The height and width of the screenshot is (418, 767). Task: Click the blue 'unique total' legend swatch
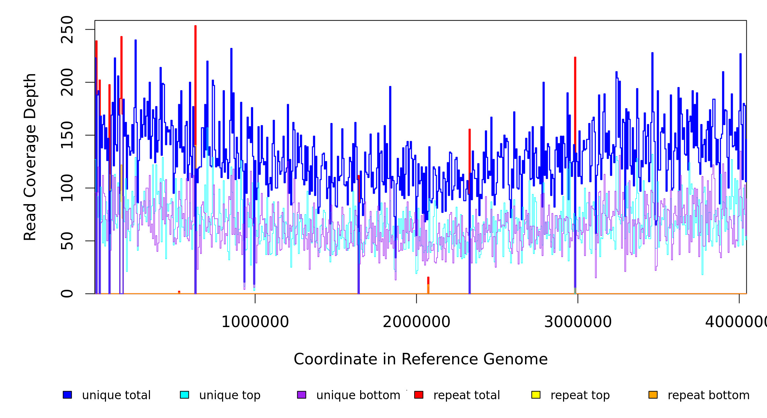pos(67,395)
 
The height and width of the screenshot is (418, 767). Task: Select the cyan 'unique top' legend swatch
pos(184,395)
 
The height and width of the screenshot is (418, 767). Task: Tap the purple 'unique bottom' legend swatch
pos(302,395)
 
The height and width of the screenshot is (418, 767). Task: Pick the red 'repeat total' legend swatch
pos(419,395)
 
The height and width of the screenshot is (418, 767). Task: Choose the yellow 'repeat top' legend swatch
pos(536,395)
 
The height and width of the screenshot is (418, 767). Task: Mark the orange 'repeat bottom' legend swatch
pos(653,395)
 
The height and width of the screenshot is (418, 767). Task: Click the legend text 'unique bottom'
pos(358,395)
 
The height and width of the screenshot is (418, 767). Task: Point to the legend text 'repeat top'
pos(580,395)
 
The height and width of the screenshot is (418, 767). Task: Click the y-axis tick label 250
pos(67,30)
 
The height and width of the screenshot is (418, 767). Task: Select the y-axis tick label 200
pos(67,83)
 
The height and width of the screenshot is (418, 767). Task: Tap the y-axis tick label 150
pos(67,135)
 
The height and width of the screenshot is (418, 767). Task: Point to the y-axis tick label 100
pos(67,188)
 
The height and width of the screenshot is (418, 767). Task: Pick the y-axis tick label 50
pos(67,241)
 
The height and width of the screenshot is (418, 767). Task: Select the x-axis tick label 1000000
pos(255,322)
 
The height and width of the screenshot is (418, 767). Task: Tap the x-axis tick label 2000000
pos(417,322)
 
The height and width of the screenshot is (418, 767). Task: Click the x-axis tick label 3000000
pos(578,322)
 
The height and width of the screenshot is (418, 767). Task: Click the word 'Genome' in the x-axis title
pos(516,359)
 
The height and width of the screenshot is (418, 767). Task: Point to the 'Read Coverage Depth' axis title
pos(30,157)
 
